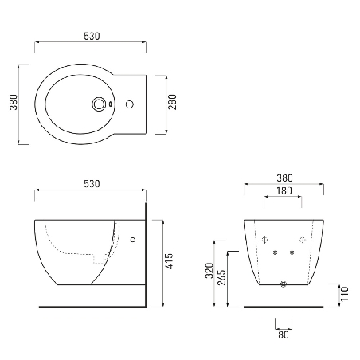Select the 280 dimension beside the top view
pos(173,103)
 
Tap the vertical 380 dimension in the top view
pos(13,103)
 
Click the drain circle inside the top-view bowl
pos(99,103)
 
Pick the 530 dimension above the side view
pos(92,184)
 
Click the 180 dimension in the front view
pos(283,191)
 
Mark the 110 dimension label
pos(345,295)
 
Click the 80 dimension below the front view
pos(283,335)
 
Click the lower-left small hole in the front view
pos(275,254)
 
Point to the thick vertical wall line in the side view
pos(147,255)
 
